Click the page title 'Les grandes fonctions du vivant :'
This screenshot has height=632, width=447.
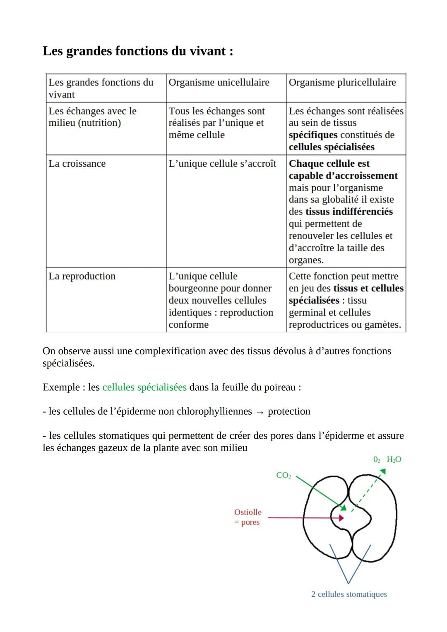click(x=138, y=51)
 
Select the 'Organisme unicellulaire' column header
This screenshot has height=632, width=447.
click(x=219, y=82)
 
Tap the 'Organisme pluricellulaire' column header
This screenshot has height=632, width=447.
click(x=342, y=82)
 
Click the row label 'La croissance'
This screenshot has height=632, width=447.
click(x=77, y=163)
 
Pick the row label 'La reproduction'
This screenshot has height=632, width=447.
click(x=82, y=276)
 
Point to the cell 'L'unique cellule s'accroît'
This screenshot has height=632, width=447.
click(x=222, y=163)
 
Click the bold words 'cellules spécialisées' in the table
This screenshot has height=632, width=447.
click(x=332, y=147)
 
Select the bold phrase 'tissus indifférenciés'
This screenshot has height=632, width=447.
click(x=349, y=211)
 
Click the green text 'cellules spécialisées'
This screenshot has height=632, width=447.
click(x=144, y=387)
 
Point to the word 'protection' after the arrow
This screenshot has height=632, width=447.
click(x=289, y=411)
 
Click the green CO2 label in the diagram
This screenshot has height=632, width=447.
click(x=284, y=475)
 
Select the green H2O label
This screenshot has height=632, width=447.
click(x=394, y=459)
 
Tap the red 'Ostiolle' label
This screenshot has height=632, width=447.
click(x=248, y=512)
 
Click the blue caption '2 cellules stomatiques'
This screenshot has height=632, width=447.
click(x=349, y=594)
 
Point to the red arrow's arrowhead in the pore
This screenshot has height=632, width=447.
click(x=341, y=518)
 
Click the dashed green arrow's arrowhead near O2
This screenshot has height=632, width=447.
click(x=383, y=472)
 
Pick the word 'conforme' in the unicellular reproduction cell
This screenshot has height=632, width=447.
click(x=188, y=324)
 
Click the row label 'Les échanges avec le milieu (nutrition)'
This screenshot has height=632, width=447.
click(x=92, y=117)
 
